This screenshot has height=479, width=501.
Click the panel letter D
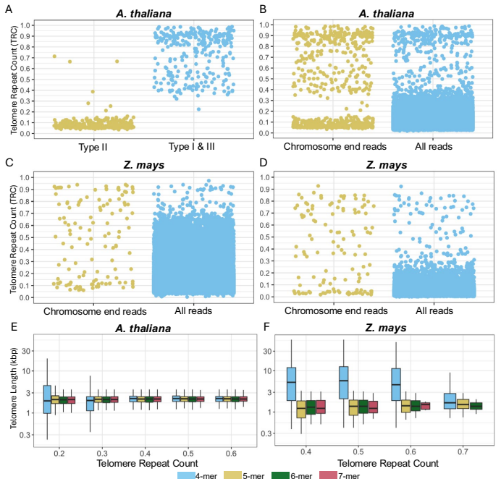tap(264, 164)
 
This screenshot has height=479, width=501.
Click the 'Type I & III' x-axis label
tap(194, 147)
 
